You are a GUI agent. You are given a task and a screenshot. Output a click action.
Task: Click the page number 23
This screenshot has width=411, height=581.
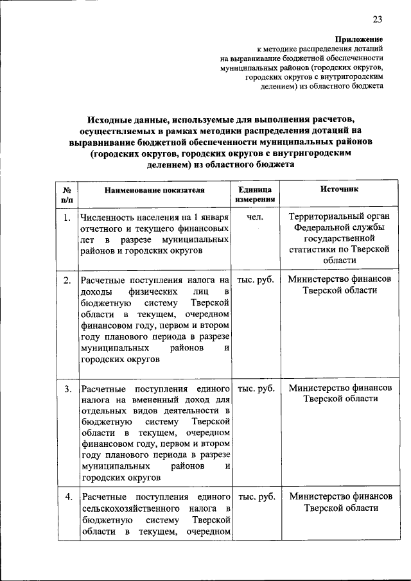(x=377, y=19)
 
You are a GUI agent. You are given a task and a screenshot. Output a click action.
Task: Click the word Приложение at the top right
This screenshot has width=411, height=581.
(x=360, y=39)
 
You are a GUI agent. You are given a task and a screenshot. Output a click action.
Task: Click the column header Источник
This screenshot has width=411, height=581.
(x=340, y=189)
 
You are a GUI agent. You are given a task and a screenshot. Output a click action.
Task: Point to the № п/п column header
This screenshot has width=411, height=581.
(x=67, y=195)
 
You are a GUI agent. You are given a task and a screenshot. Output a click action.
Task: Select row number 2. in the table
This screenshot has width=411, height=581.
(x=67, y=280)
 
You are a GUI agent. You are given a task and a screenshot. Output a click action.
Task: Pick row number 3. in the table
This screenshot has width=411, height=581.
(x=67, y=389)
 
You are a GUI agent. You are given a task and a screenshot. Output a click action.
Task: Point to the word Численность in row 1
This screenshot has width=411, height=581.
(x=107, y=218)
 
